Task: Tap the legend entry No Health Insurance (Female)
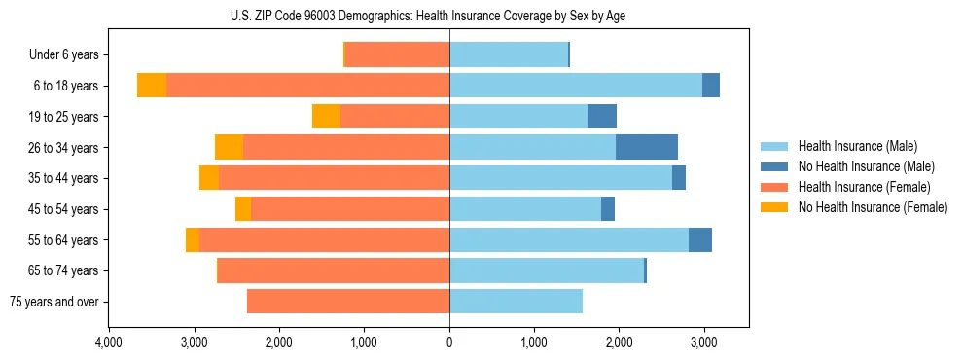tap(873, 207)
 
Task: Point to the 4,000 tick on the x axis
tap(109, 343)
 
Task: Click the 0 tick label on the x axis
tap(449, 343)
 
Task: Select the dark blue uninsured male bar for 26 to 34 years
tap(647, 147)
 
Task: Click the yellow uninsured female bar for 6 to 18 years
tap(152, 86)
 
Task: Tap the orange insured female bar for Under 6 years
tap(397, 54)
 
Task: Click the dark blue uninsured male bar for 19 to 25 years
tap(602, 117)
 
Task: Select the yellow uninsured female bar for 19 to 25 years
tap(326, 117)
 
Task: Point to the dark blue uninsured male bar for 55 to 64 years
tap(700, 239)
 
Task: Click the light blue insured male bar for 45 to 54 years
tap(525, 209)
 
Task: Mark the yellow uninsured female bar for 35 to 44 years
tap(209, 178)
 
